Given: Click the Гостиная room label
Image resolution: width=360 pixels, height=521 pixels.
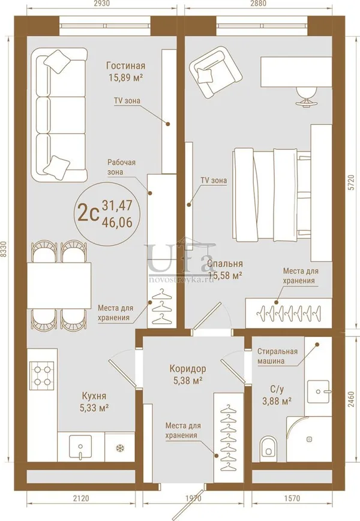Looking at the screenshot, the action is (125, 66).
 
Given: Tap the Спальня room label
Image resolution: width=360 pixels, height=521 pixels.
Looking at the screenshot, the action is (225, 263).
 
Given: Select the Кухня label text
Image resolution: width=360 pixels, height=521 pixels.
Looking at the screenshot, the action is (94, 396).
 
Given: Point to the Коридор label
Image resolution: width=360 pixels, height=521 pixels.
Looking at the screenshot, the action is (187, 369).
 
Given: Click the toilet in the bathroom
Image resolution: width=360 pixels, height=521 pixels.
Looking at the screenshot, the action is (268, 446).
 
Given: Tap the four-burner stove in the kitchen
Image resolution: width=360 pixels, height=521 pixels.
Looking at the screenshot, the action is (42, 374).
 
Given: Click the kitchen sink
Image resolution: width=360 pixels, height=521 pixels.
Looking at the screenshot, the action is (80, 447).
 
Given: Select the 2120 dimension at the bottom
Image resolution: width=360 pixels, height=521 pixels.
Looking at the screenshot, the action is (81, 498).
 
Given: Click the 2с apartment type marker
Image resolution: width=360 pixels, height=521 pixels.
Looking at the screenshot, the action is (88, 213).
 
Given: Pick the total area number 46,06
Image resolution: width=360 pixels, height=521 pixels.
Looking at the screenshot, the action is (117, 222).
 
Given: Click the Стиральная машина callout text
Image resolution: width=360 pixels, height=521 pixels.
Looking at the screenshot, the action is (278, 356).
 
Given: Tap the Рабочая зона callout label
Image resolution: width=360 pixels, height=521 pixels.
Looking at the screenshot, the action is (121, 167).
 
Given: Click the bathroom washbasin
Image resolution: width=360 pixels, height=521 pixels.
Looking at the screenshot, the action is (319, 391).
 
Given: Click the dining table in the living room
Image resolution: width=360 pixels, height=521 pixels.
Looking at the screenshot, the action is (59, 285).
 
